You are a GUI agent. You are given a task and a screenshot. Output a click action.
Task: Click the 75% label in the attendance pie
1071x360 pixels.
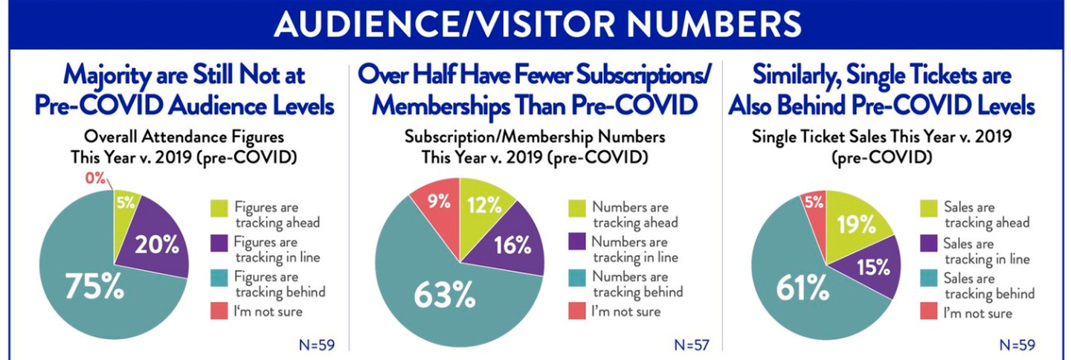pyautogui.click(x=94, y=286)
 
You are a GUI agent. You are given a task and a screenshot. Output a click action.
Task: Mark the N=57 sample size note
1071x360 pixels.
pyautogui.click(x=692, y=344)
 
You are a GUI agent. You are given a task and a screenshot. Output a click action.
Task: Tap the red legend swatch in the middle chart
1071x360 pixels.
pyautogui.click(x=577, y=311)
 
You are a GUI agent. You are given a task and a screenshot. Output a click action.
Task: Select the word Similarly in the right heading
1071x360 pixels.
pyautogui.click(x=806, y=76)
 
